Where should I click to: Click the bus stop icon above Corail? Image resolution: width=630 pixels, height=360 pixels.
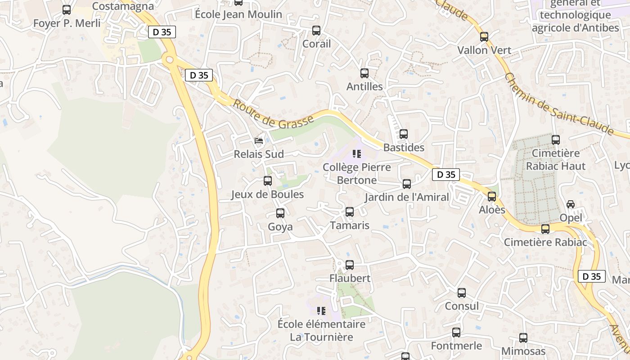pos(316,31)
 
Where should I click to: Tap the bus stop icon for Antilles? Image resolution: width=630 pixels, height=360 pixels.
pos(364,73)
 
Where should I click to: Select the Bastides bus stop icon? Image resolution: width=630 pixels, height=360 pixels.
pos(404,134)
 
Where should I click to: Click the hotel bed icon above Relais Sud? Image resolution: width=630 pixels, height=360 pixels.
pos(259,141)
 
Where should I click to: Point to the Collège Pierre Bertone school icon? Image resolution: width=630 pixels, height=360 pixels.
pos(357,154)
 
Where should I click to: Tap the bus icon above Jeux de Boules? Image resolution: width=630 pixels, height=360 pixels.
pos(268,181)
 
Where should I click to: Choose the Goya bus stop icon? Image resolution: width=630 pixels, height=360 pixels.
pos(280,213)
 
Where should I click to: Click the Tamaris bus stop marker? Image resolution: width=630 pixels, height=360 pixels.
pos(350,212)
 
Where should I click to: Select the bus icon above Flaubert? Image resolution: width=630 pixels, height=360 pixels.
pos(350,265)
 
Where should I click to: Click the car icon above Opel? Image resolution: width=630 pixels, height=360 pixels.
pos(571,204)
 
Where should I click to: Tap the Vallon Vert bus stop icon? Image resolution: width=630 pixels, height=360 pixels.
pos(484,37)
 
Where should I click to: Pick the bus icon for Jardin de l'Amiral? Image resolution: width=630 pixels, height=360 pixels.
pos(407,184)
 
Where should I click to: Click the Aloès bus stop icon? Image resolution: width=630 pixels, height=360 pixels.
pos(492,197)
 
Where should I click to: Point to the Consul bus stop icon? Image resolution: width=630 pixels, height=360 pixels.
pos(462,293)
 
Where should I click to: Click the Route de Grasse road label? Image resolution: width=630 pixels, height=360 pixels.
pos(273,113)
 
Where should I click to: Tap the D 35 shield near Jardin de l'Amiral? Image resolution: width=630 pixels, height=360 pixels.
pos(445,175)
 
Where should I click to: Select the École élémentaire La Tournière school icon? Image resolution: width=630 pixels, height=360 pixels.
pos(321,310)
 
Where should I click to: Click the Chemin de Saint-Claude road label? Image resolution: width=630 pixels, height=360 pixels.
pos(559,104)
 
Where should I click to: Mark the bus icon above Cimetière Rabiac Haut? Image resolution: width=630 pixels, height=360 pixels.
pos(556,140)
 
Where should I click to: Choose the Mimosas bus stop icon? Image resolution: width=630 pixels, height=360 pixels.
pos(523,337)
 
